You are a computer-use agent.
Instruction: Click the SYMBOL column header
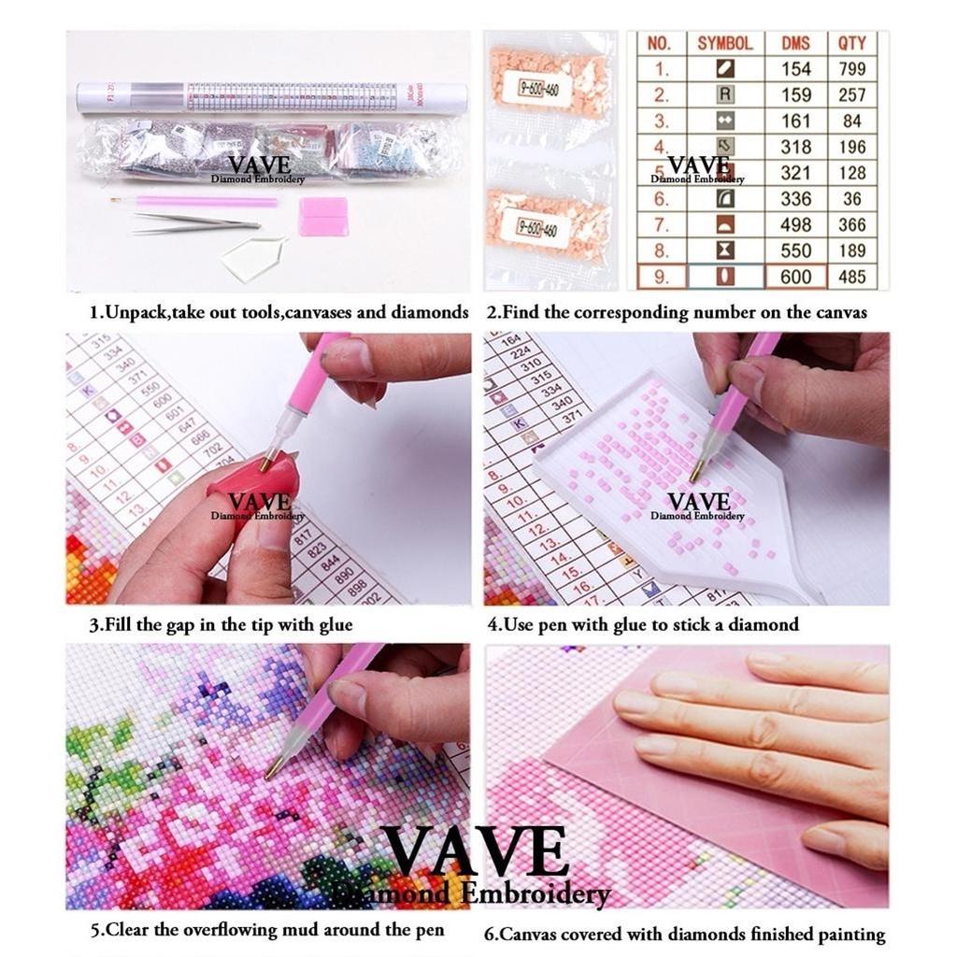tap(724, 43)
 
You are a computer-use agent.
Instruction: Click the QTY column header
tap(851, 43)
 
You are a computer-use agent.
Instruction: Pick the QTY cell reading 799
tap(851, 68)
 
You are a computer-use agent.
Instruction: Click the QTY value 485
tap(851, 277)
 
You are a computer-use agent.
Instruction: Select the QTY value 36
tap(851, 198)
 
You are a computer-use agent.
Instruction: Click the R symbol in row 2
tap(724, 94)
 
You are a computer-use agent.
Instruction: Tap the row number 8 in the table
tap(661, 250)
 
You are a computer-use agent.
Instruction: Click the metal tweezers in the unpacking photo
tap(196, 222)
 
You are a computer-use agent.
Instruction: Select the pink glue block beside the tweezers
tap(323, 216)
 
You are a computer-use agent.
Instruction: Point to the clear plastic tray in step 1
tap(255, 256)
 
